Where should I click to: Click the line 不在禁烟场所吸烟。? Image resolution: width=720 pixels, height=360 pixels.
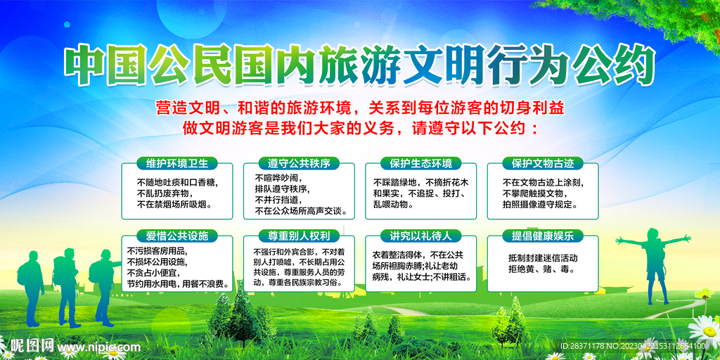[x=174, y=205]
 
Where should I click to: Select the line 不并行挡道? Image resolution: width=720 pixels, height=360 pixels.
[x=279, y=200]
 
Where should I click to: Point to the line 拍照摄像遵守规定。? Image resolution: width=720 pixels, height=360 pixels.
[x=541, y=205]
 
